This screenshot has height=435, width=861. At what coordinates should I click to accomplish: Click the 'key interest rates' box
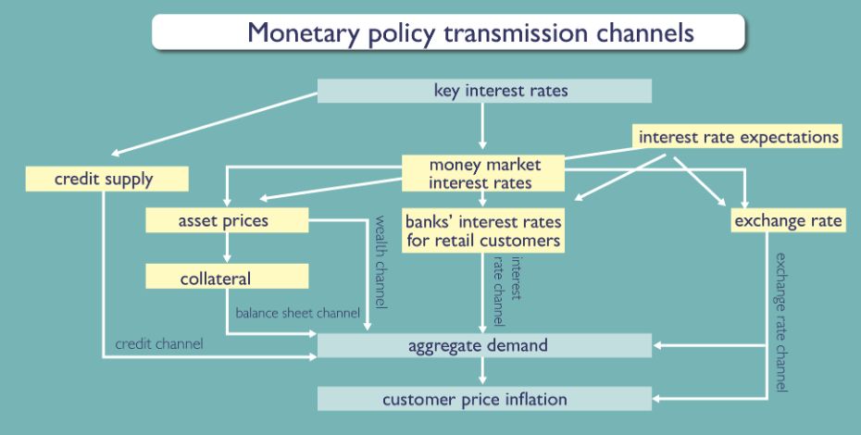(484, 91)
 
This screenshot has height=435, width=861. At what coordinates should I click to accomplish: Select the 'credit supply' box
(107, 178)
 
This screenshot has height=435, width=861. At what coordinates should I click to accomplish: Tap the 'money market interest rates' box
(483, 173)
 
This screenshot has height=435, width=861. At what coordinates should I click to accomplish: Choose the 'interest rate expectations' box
(738, 137)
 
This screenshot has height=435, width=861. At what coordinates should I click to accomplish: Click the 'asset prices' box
(226, 220)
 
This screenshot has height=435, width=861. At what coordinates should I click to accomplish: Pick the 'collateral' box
(226, 277)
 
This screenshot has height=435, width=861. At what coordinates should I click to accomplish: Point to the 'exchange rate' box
(788, 220)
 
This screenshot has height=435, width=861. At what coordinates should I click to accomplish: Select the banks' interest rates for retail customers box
(483, 231)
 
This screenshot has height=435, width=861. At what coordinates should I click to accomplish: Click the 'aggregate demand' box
(484, 345)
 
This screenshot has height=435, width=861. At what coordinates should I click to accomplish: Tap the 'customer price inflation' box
(484, 399)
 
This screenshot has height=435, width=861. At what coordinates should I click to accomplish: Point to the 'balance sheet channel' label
(297, 314)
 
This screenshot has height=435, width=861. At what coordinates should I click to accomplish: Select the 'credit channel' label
(158, 343)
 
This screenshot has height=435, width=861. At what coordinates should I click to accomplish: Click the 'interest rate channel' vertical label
(507, 292)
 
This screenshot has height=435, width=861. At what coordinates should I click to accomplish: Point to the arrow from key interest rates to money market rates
(483, 125)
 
